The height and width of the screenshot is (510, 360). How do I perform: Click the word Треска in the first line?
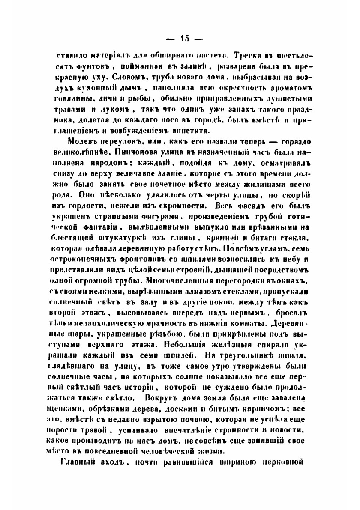click(x=248, y=56)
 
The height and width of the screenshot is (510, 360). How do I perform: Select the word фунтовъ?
click(x=87, y=67)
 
